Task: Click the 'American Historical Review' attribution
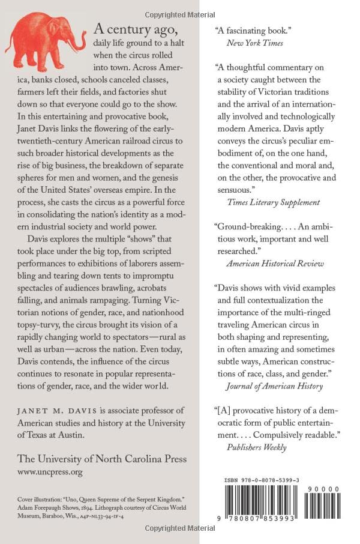point(274,263)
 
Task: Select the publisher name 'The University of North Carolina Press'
point(102,459)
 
